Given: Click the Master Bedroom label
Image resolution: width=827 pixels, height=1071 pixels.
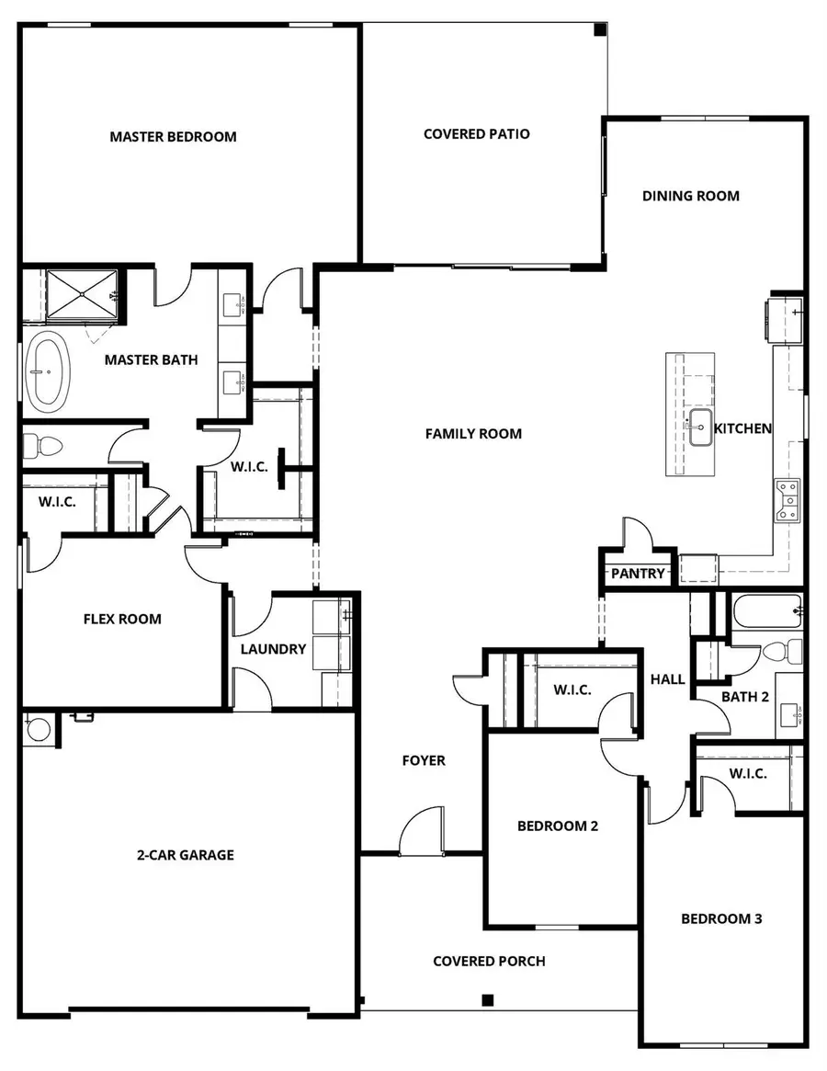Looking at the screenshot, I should (x=173, y=137).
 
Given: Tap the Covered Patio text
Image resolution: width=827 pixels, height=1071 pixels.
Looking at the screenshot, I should (x=476, y=134).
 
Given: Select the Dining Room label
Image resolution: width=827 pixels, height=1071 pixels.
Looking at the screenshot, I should (x=690, y=196).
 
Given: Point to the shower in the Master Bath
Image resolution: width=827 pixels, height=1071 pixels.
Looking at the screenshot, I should (x=82, y=294).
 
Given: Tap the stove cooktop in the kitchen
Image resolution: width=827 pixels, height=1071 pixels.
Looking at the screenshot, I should (x=787, y=501).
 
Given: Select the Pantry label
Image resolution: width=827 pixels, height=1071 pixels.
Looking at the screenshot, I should (x=638, y=574).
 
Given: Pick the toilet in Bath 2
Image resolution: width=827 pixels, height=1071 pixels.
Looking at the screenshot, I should (x=778, y=652).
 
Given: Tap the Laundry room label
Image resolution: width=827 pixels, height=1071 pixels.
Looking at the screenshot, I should (x=273, y=649).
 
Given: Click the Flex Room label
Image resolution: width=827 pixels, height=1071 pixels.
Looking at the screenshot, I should (x=122, y=620).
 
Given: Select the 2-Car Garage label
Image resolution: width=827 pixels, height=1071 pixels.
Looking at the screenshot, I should (x=187, y=855).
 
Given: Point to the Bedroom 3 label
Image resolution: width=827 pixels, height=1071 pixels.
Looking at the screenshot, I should (x=721, y=918).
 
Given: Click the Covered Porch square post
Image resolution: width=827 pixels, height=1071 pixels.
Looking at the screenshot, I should (x=488, y=999).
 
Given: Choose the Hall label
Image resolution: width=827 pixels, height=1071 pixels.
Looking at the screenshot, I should (x=667, y=679).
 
